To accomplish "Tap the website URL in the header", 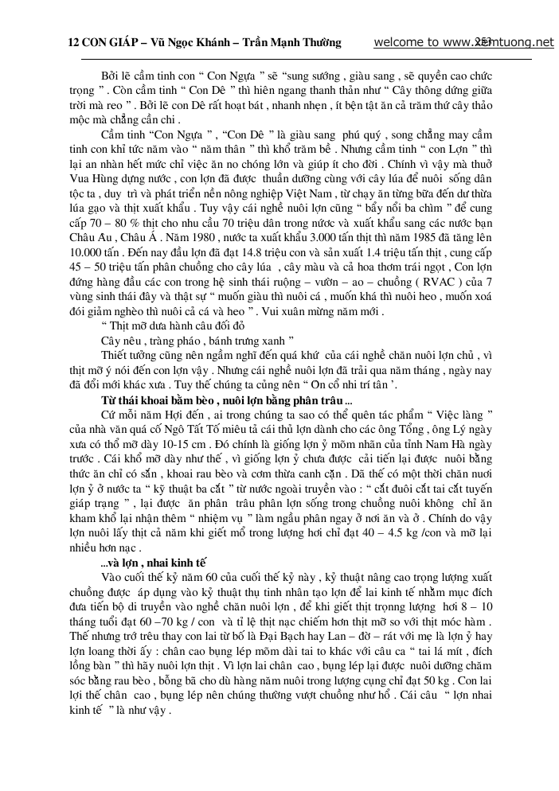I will point(463,42).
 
